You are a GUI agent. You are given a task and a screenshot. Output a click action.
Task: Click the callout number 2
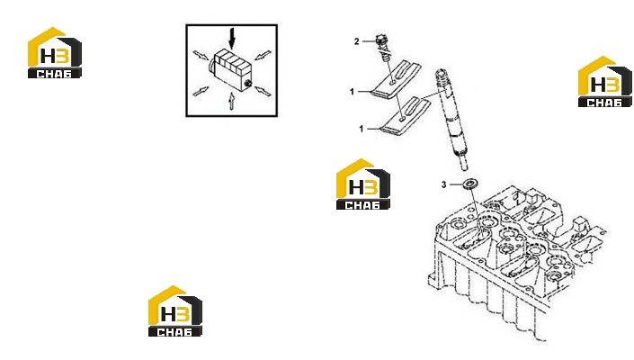[357, 41]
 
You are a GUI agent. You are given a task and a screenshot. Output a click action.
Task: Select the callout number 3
[443, 184]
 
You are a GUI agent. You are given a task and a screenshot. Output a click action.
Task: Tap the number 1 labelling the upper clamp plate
[352, 92]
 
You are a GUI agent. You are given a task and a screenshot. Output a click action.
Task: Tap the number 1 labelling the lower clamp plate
[362, 129]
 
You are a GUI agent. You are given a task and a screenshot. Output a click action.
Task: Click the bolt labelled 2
[382, 48]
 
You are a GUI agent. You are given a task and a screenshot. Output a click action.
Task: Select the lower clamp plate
[406, 116]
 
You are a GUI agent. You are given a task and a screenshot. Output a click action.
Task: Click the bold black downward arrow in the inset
[232, 39]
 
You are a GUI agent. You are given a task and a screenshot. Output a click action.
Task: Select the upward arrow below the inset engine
[231, 101]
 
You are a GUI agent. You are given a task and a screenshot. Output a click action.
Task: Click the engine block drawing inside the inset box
[229, 70]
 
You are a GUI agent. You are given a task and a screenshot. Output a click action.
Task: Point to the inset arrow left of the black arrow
[201, 55]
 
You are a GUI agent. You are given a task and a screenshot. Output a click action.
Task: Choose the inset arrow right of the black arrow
[263, 55]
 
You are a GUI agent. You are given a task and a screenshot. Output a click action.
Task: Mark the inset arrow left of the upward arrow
[201, 92]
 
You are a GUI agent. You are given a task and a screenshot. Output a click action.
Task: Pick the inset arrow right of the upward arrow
[263, 92]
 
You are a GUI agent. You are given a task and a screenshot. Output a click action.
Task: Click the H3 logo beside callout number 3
[363, 184]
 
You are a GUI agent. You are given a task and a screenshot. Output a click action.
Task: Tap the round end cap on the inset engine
[248, 84]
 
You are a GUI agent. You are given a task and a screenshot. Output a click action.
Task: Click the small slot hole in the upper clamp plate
[393, 84]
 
